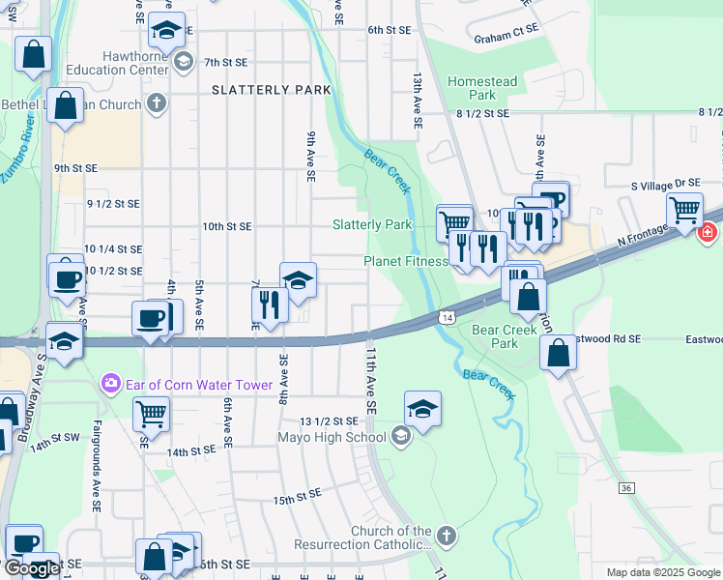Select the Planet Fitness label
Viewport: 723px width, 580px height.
406,261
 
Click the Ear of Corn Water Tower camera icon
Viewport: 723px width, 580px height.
111,385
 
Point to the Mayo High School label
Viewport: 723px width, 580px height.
332,437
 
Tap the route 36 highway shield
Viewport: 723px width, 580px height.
626,489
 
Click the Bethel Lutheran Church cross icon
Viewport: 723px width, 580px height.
157,103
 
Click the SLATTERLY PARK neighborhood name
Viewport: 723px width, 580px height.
272,90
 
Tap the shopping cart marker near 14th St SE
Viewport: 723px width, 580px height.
151,413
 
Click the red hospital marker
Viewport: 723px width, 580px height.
708,232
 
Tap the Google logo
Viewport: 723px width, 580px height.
32,568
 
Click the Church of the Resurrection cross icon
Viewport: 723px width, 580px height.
446,535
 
